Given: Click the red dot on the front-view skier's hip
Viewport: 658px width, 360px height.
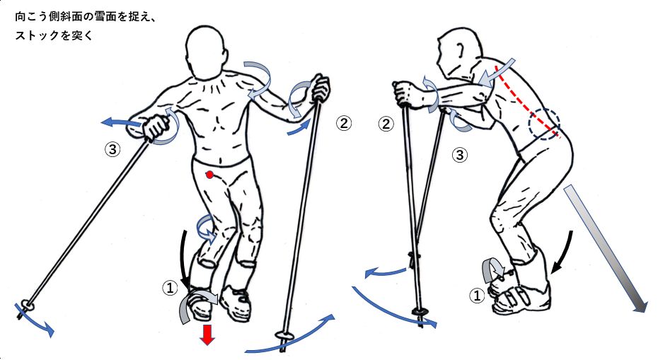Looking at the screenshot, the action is click(210, 174).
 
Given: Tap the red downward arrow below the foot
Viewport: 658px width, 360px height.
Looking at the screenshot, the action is click(207, 335).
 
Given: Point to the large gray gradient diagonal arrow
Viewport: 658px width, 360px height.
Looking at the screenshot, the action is click(606, 249).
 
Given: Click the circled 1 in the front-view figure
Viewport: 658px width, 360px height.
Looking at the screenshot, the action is click(170, 288).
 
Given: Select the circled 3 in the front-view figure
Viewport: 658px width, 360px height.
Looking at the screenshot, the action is click(112, 149).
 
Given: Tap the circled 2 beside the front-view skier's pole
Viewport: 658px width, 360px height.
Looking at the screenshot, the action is click(344, 123).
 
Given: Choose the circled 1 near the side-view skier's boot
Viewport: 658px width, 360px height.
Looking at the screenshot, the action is click(477, 296).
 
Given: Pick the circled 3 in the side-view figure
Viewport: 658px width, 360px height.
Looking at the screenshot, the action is click(459, 155).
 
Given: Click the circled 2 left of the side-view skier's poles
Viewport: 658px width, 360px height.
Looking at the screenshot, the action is click(386, 124).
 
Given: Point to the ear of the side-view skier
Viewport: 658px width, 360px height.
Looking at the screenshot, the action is click(461, 49).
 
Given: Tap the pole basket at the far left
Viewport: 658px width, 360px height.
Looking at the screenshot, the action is click(26, 305).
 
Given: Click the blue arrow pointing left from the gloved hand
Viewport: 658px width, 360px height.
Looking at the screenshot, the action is click(122, 122).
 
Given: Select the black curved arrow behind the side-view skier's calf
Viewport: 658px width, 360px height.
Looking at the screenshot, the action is click(562, 252).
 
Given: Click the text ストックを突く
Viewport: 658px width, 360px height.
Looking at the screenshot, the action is click(54, 36).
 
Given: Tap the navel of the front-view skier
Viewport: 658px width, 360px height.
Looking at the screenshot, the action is click(220, 159).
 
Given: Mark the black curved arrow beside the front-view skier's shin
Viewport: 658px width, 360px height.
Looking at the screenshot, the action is click(183, 257).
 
